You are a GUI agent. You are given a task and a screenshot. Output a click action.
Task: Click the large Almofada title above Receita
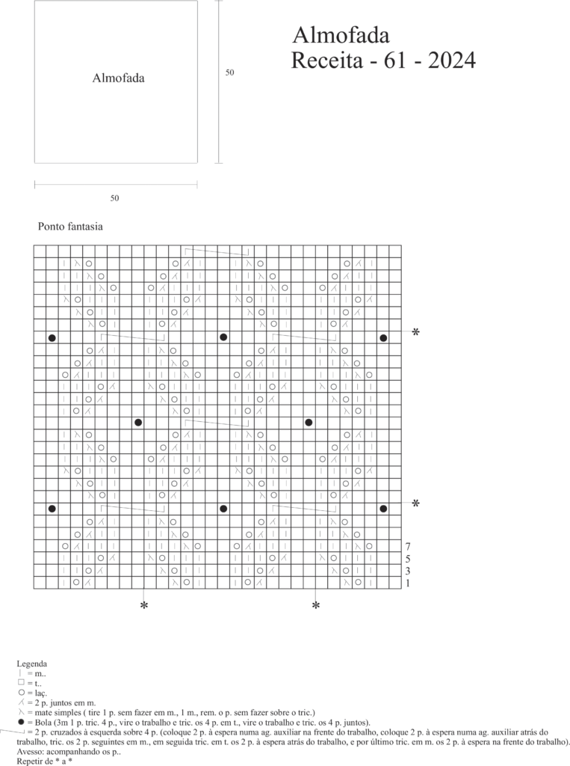[341, 35]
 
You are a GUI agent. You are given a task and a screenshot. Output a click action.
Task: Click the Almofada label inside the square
[118, 79]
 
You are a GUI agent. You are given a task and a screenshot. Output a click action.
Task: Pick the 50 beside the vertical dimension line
[230, 73]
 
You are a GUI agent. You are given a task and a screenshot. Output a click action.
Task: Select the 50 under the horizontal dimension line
[114, 198]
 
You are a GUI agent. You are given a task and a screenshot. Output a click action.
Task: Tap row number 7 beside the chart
[407, 546]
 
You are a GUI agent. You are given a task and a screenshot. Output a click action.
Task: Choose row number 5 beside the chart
[407, 558]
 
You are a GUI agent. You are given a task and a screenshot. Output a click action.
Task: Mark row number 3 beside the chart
[407, 570]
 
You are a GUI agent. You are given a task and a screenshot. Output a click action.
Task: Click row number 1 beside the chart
[407, 582]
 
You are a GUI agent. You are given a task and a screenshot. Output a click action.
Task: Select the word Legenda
[32, 664]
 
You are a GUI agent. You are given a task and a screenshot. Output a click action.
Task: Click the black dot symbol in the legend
[20, 723]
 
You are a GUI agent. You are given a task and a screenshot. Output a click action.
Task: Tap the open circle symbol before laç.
[20, 693]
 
